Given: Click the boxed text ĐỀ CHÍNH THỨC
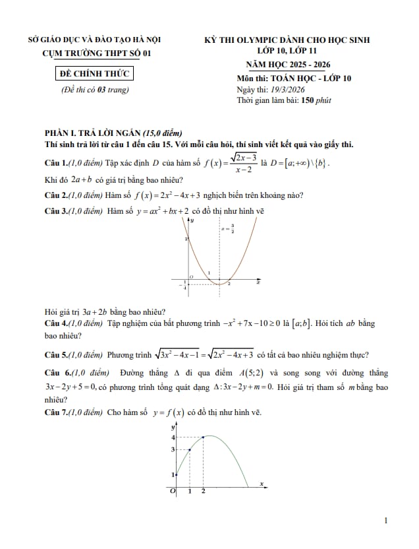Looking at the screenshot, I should pyautogui.click(x=94, y=73).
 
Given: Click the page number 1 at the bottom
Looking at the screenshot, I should pyautogui.click(x=386, y=521).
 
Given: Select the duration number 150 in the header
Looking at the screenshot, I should pyautogui.click(x=308, y=101).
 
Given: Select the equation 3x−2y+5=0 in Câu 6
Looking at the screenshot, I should pyautogui.click(x=73, y=387).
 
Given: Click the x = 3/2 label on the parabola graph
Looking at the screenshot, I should pyautogui.click(x=227, y=229).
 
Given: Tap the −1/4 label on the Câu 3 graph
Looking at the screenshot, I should pyautogui.click(x=184, y=284).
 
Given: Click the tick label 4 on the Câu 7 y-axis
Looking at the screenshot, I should pyautogui.click(x=173, y=437).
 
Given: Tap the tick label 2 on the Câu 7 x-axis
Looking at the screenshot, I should pyautogui.click(x=203, y=492).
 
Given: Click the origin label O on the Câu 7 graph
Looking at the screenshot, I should pyautogui.click(x=173, y=492).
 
